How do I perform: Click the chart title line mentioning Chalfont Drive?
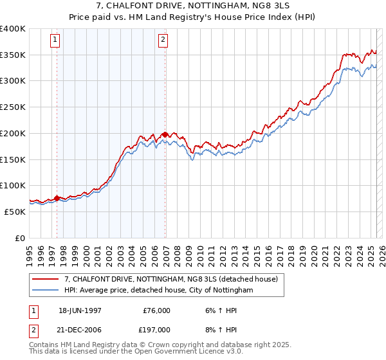click(193, 6)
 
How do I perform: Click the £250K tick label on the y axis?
click(13, 107)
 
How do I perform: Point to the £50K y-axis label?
click(15, 212)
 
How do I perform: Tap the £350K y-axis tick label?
click(13, 55)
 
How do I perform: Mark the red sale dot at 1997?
click(57, 198)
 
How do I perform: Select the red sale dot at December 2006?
click(165, 135)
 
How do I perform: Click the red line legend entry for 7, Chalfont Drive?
click(170, 279)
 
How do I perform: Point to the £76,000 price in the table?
click(156, 310)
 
